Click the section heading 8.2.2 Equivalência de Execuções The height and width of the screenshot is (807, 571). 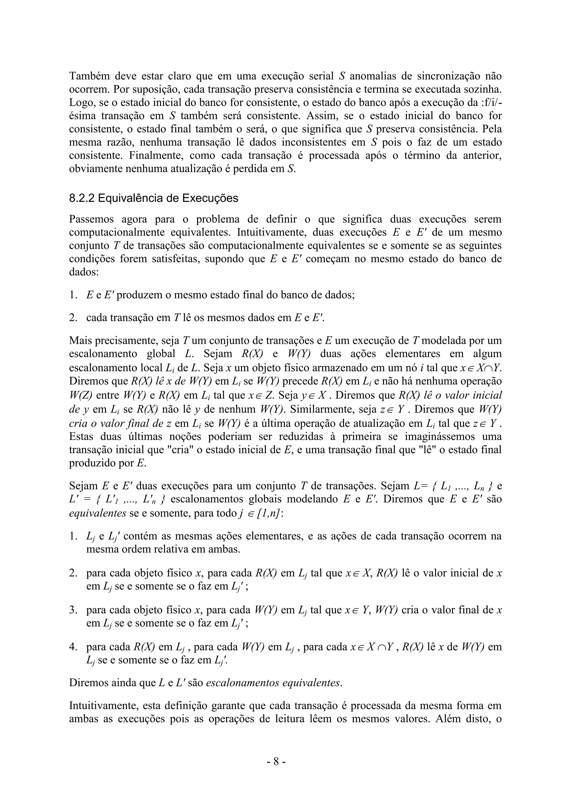(x=154, y=198)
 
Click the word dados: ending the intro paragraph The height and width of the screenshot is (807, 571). (x=84, y=272)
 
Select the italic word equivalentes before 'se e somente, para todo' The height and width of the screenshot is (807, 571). (x=97, y=513)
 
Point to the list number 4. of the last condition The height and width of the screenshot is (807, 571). (x=73, y=647)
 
